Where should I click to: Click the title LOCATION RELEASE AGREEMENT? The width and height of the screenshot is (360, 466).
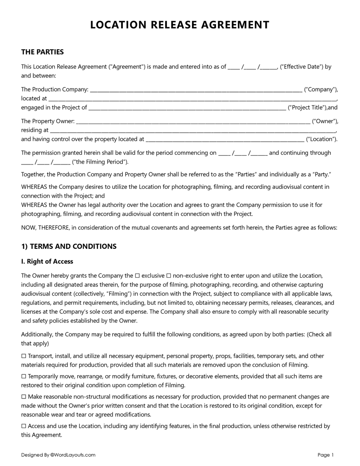[180, 25]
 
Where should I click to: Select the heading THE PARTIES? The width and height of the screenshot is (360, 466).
[42, 52]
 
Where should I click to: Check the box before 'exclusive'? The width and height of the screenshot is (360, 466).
[137, 276]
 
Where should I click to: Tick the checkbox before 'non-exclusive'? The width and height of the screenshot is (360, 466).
[168, 276]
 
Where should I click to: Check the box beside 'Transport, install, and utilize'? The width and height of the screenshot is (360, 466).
[24, 356]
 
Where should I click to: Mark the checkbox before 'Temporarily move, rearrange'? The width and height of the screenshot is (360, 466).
[24, 376]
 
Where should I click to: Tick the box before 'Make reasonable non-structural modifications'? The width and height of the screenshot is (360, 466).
[24, 397]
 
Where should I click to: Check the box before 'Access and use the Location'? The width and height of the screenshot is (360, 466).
[24, 426]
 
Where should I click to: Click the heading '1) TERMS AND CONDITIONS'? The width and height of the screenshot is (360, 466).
[69, 246]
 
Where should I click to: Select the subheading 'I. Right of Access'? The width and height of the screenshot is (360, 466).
[47, 262]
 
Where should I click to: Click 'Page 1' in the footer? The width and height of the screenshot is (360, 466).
[326, 455]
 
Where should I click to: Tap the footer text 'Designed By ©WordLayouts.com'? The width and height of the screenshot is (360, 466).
[58, 455]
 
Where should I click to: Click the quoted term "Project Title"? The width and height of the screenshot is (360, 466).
[308, 108]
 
